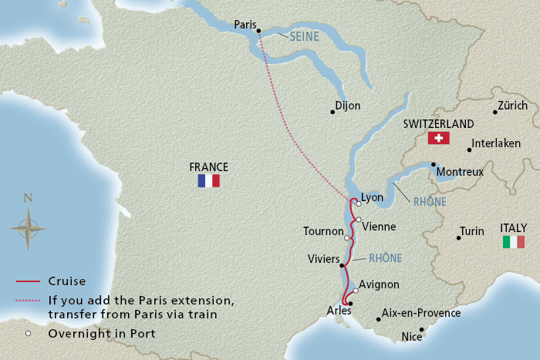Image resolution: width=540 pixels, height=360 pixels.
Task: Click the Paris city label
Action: click(x=245, y=25)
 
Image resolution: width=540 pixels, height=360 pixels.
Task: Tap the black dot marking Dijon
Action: click(x=332, y=112)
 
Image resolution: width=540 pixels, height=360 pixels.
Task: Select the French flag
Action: click(x=208, y=180)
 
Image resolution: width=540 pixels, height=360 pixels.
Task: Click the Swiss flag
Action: click(x=438, y=138)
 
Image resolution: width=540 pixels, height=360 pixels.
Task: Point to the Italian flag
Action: click(x=513, y=242)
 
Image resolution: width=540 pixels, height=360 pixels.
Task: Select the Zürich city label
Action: click(x=513, y=106)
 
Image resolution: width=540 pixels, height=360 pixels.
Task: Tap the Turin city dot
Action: click(x=459, y=238)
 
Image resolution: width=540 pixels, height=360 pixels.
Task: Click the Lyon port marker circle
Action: click(x=359, y=204)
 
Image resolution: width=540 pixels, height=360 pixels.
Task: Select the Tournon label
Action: click(x=323, y=231)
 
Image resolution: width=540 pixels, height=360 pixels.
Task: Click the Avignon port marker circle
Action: click(x=356, y=291)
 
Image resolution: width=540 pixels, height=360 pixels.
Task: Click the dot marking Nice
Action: click(x=421, y=329)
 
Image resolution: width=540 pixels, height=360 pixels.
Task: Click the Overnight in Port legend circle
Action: click(x=28, y=333)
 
